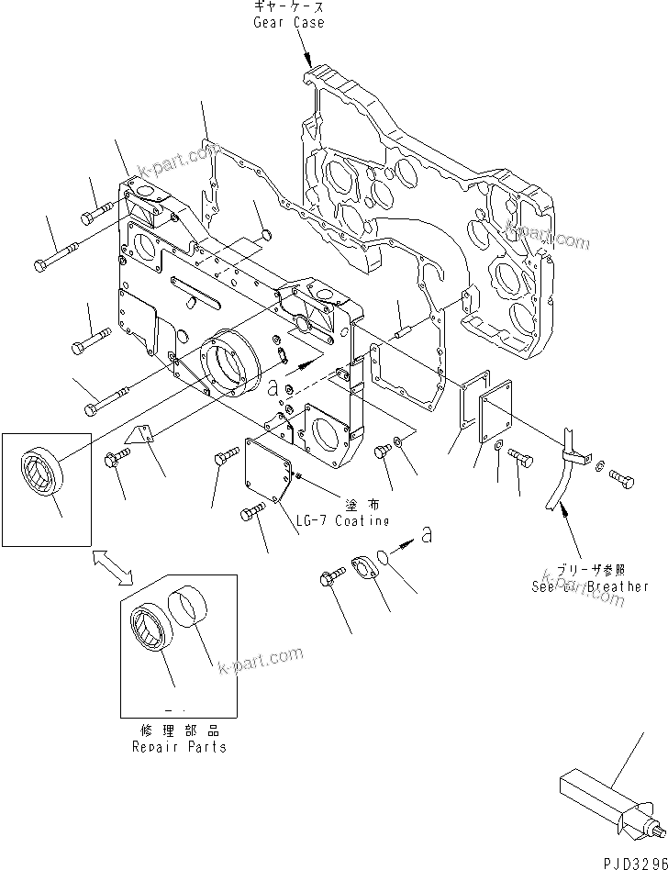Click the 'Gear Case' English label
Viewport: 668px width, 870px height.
(288, 22)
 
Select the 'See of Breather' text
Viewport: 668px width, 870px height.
(589, 586)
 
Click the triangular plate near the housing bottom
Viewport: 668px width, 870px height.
(139, 437)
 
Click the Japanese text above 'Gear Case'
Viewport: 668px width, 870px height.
(288, 7)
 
